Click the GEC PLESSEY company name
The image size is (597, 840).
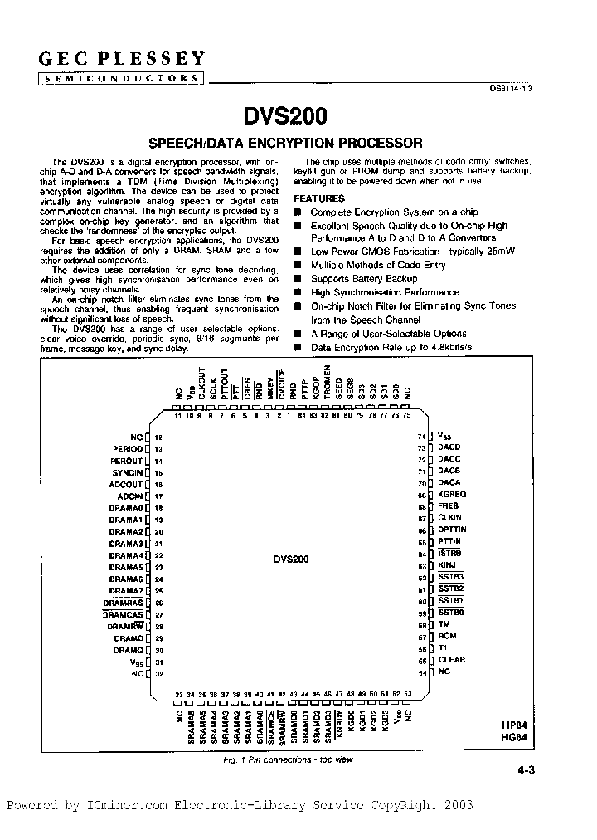coord(122,58)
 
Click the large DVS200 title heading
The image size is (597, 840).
coord(284,116)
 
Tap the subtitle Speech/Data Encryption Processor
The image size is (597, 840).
coord(284,143)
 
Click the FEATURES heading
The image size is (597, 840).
coord(319,199)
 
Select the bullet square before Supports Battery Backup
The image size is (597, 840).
coord(298,280)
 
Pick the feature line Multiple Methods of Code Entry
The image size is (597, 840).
coord(378,266)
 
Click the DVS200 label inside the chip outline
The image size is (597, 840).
coord(290,559)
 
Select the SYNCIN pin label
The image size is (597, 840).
coord(128,472)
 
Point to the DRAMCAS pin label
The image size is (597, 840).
coord(124,615)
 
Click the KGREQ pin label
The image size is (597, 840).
coord(453,495)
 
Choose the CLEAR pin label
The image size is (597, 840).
coord(452,660)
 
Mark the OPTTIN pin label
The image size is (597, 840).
coord(453,530)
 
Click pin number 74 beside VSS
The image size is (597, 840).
coord(421,437)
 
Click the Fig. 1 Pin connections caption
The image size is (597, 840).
coord(288,759)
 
